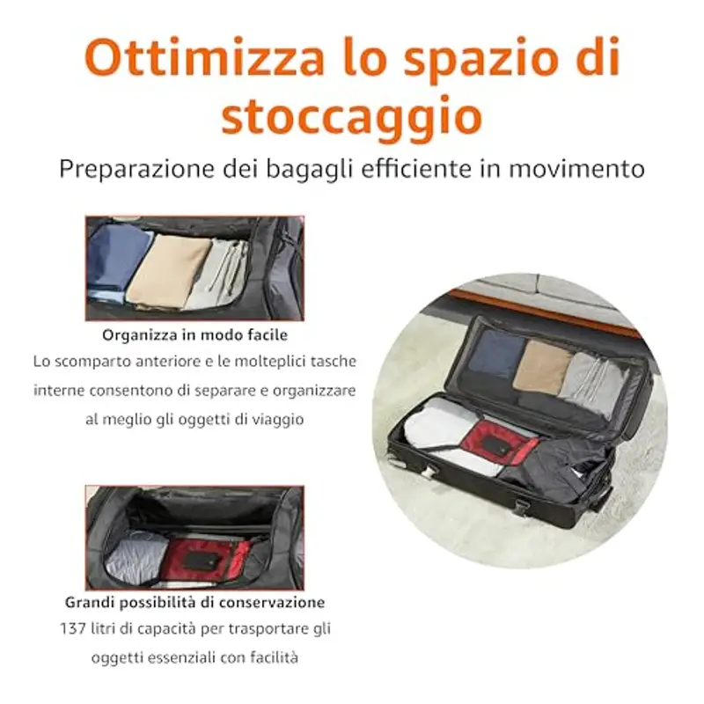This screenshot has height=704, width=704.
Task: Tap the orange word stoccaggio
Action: tap(351, 118)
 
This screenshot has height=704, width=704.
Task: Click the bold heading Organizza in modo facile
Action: tap(194, 335)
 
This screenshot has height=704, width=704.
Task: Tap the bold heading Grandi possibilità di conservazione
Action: tap(194, 603)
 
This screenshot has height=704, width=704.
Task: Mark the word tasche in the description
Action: tap(332, 362)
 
